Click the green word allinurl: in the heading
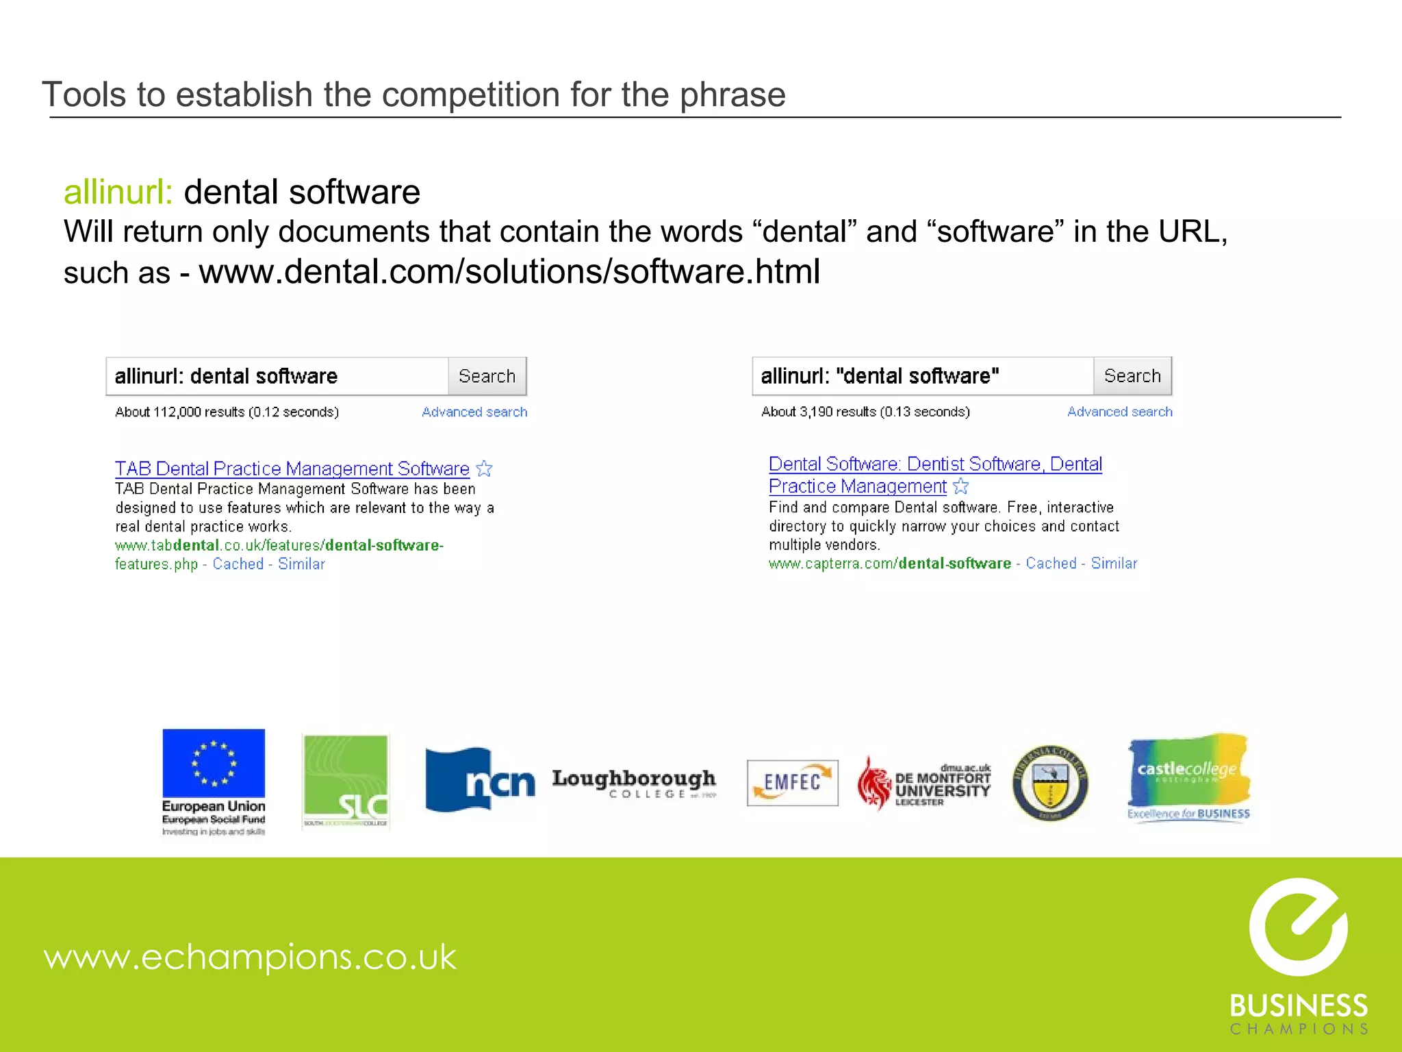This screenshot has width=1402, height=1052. click(x=118, y=192)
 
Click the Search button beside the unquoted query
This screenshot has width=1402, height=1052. click(x=487, y=376)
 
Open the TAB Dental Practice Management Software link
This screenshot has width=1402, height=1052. click(x=292, y=468)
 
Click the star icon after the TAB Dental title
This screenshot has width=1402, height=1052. click(x=485, y=468)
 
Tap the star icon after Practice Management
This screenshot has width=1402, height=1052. click(x=961, y=486)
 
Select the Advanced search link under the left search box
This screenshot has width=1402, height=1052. click(x=474, y=412)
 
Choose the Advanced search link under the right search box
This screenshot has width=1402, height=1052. click(x=1119, y=412)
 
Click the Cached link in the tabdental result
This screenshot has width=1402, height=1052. click(x=238, y=564)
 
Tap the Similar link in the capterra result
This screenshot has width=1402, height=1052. click(x=1114, y=563)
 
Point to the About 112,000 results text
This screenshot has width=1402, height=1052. click(x=227, y=412)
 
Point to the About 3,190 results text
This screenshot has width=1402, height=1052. click(x=865, y=412)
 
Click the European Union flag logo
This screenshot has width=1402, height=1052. click(x=214, y=764)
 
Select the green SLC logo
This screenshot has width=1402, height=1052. click(x=346, y=781)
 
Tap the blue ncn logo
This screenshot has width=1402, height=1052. click(x=479, y=780)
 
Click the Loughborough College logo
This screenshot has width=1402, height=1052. click(x=634, y=783)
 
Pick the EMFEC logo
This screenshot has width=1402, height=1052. click(x=792, y=782)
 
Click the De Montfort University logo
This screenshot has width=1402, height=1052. click(x=924, y=784)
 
